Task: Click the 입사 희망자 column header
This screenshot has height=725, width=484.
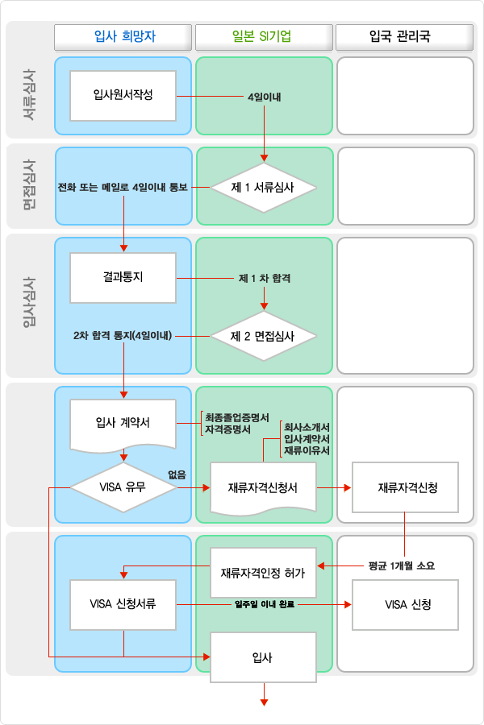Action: tap(123, 37)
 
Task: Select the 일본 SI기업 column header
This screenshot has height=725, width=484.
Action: tap(264, 37)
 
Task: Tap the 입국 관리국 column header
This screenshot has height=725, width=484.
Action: tap(404, 37)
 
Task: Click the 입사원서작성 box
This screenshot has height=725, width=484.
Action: tap(123, 96)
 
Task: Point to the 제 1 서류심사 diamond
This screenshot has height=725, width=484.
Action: tap(264, 188)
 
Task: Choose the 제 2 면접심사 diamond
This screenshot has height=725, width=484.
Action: tap(264, 336)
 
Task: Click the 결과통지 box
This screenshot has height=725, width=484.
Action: tap(123, 278)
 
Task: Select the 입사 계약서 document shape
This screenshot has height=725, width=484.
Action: tap(123, 425)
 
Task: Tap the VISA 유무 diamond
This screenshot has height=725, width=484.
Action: tap(123, 487)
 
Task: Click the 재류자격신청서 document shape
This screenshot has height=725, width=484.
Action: tap(264, 488)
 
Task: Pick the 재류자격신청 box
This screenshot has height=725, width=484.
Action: tap(405, 487)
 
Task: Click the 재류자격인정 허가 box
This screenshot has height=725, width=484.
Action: tap(264, 573)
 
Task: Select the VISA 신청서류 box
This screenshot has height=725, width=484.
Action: tap(123, 605)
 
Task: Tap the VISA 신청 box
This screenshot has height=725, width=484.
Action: tap(405, 605)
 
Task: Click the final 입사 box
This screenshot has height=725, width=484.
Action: tap(264, 657)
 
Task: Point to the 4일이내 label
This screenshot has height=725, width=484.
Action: tap(264, 97)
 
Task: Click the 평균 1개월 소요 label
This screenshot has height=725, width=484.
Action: tap(402, 566)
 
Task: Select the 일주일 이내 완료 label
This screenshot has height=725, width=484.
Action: tap(265, 604)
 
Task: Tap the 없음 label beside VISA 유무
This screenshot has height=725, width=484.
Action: tap(177, 474)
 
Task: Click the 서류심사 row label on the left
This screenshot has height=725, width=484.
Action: tap(29, 95)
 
